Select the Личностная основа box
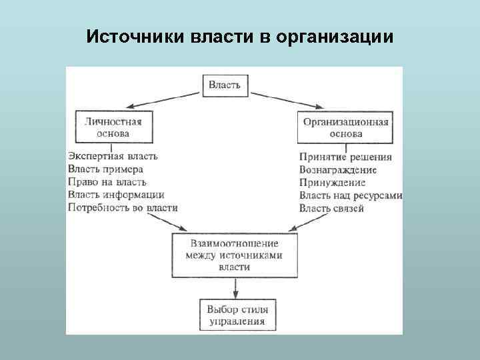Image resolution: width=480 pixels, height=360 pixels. pos(113,127)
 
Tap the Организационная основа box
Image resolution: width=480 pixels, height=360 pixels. pos(345,127)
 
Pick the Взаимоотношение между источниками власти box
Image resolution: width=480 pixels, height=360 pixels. pos(234,255)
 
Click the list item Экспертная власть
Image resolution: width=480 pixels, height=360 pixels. pos(113,157)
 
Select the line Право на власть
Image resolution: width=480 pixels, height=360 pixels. pos(107,182)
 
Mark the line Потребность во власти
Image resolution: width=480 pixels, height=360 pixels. pos(123,207)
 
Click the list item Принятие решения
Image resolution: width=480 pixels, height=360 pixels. pos(345,157)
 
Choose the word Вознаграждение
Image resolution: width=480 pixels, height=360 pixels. pos(338,170)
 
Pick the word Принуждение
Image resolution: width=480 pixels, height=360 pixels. pos(333,183)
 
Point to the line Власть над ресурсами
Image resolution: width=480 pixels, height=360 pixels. pos(351,196)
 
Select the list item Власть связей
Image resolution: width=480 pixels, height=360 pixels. pos(331,209)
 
